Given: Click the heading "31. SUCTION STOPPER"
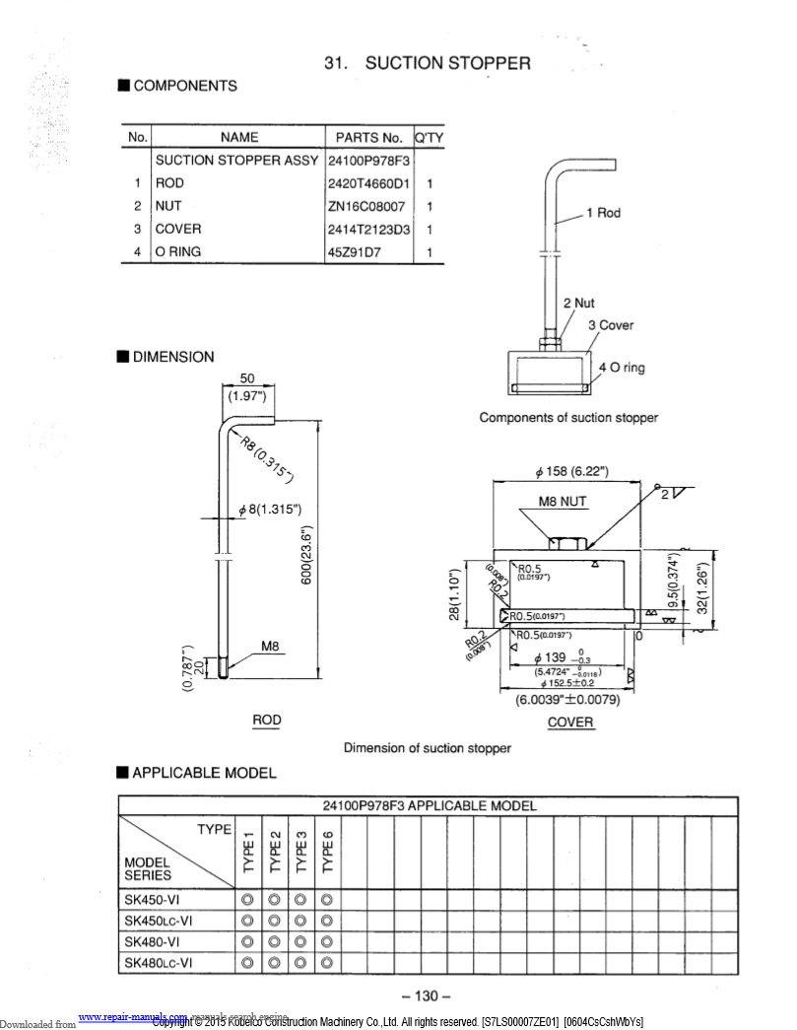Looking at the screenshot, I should coord(428,63).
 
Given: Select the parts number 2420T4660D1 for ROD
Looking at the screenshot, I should coord(368,183).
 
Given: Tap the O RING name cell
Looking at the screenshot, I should coord(177,252).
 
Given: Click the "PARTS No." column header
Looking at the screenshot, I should coord(369,138).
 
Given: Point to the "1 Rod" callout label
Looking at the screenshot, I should coord(603,213).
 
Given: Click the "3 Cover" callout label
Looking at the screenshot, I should coord(611,325).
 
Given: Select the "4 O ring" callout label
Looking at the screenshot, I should coord(621,368).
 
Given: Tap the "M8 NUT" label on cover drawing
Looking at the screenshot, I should coord(563,502).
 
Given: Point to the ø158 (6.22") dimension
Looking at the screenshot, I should coord(571,470).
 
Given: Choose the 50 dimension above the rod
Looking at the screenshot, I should coord(247,379).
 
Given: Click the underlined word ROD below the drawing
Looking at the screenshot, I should coord(267,721).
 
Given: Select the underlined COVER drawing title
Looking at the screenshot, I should coord(570,722).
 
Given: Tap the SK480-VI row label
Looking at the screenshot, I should coord(153,940).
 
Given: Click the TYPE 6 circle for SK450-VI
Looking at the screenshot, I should coord(327,899).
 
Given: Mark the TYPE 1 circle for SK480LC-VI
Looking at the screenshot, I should coord(248,962).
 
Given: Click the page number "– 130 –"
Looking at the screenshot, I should coord(427,996).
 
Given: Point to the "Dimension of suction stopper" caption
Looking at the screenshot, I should coord(427,748).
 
